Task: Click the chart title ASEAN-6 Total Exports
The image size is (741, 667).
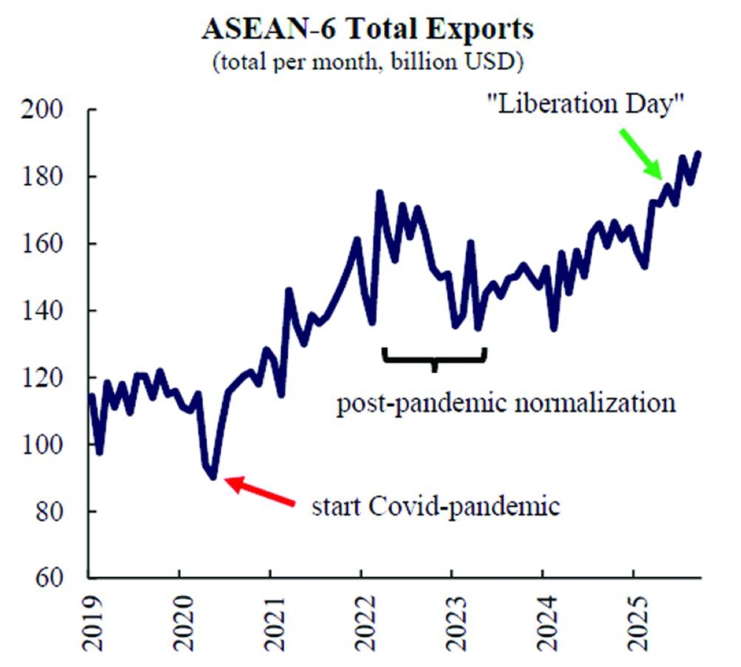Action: (368, 29)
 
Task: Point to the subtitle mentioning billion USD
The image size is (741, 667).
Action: (368, 62)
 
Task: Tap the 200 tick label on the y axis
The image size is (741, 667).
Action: (43, 110)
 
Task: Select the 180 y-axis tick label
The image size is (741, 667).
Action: (43, 177)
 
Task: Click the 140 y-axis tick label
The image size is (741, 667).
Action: (43, 310)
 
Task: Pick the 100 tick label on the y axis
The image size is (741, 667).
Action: (43, 444)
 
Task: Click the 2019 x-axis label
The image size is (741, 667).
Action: (92, 623)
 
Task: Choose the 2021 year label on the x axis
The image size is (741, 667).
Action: (272, 623)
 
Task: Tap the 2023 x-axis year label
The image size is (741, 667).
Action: (454, 623)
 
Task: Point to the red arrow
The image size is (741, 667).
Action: (259, 491)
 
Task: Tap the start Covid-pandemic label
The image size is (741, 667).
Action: (435, 507)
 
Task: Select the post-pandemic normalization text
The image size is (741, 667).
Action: (506, 404)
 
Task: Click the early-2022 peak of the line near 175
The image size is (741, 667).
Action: (379, 193)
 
